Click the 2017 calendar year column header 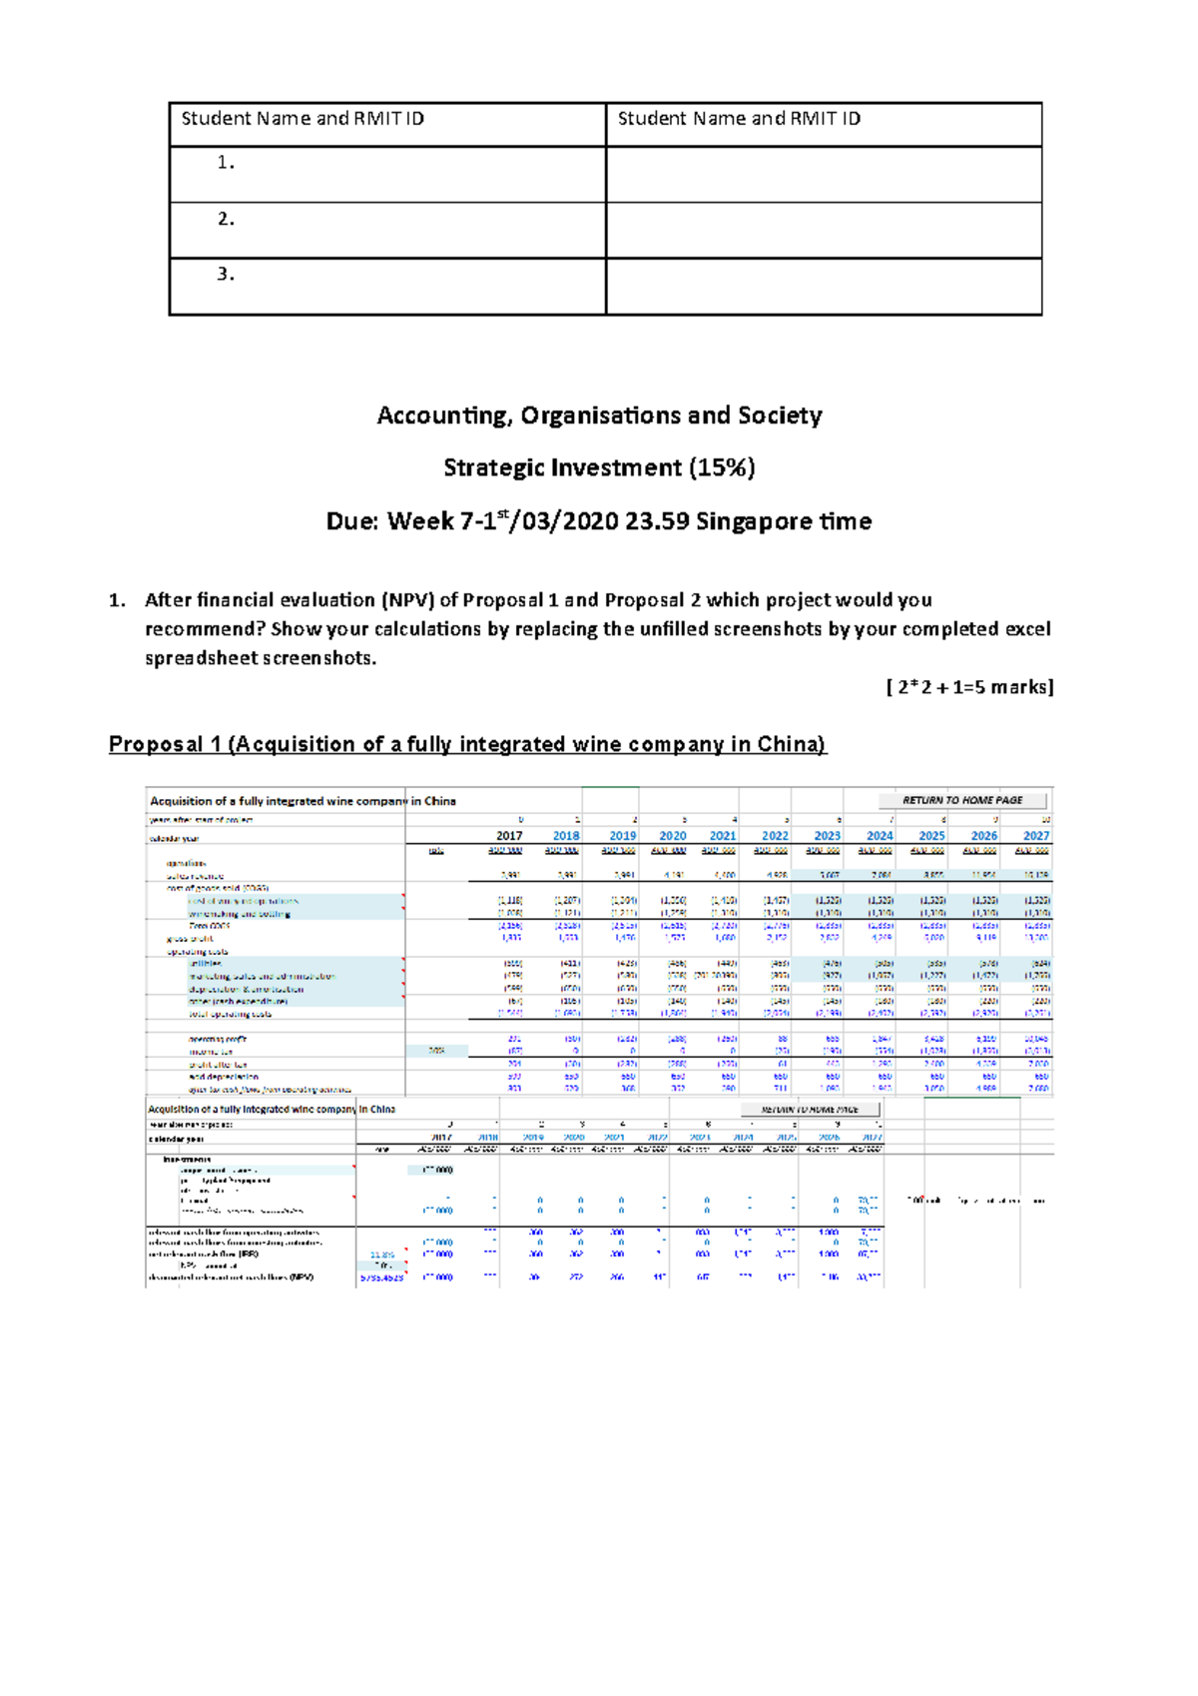click(x=509, y=836)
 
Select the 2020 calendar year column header click(x=672, y=836)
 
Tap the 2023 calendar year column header click(x=827, y=836)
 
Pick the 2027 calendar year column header click(x=1035, y=836)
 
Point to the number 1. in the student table click(x=226, y=163)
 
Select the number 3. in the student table click(x=226, y=275)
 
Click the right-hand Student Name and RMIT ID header click(x=739, y=119)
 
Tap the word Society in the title click(x=780, y=416)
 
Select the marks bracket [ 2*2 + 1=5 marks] click(x=969, y=687)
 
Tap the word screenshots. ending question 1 click(x=318, y=658)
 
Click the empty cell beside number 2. click(x=824, y=231)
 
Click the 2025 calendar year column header click(x=931, y=836)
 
